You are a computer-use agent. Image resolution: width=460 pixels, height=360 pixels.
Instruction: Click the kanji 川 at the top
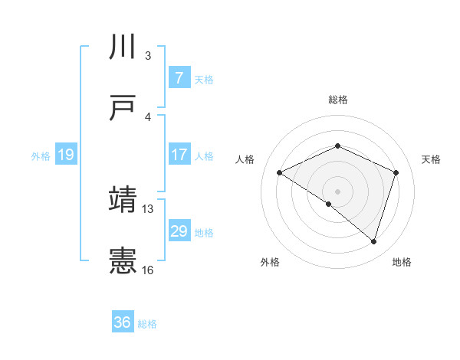point(123,47)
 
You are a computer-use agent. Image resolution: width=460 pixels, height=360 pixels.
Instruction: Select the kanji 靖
point(123,200)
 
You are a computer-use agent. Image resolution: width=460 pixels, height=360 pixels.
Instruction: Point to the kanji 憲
point(123,261)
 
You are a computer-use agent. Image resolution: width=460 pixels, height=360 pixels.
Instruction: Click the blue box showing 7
point(179,77)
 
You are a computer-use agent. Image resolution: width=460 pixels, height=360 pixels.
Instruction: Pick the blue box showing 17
point(179,154)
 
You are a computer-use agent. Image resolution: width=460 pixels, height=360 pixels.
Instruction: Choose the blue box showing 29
point(179,231)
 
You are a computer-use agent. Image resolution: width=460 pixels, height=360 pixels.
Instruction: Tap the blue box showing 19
point(66,155)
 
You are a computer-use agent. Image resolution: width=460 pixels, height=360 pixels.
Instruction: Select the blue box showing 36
point(123,322)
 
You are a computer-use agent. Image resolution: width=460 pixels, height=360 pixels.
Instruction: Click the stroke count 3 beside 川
point(147,55)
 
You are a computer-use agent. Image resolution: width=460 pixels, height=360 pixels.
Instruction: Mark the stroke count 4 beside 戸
point(147,116)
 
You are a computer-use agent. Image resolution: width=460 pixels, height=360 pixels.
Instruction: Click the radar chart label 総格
point(338,100)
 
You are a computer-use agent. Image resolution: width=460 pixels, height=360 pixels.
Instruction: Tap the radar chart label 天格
point(431,159)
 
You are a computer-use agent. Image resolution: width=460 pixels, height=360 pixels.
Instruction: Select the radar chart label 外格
point(270,262)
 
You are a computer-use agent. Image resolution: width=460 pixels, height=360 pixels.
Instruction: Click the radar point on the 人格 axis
point(280,173)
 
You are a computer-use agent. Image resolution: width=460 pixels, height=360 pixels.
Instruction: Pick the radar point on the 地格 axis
point(373,241)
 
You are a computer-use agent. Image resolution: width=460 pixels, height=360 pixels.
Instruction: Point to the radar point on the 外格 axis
point(329,204)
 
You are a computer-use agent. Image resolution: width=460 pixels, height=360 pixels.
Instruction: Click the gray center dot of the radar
point(338,191)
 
